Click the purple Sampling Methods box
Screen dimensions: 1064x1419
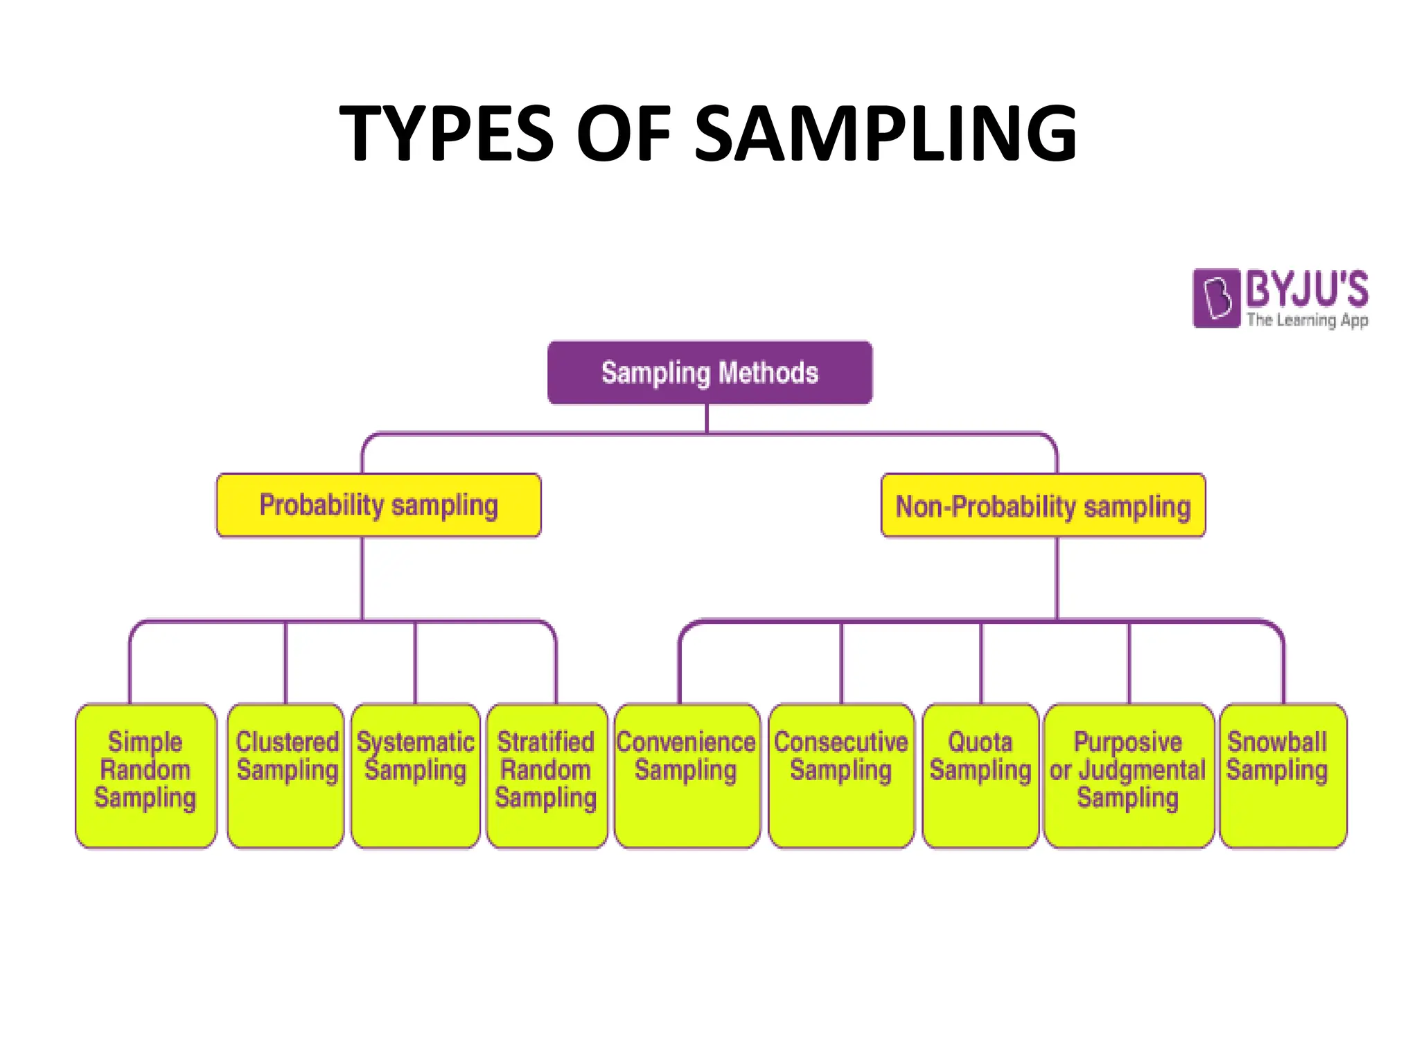tap(709, 373)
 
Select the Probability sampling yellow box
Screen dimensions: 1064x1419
tap(378, 505)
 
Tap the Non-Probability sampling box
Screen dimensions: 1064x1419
tap(1043, 506)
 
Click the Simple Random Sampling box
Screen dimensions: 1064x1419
tap(146, 775)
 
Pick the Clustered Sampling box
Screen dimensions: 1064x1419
tap(286, 775)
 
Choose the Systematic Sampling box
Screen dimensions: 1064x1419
tap(415, 775)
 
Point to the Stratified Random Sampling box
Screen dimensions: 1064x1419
tap(547, 775)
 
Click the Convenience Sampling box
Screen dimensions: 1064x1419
tap(687, 775)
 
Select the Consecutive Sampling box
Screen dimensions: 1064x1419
tap(841, 775)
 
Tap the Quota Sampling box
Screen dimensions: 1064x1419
tap(980, 775)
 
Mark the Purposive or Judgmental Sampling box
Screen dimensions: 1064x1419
tap(1128, 775)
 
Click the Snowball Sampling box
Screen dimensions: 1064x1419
tap(1283, 775)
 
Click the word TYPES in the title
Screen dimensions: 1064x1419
tap(447, 133)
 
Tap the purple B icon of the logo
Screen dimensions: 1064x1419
tap(1216, 299)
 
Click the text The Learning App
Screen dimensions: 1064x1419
tap(1307, 320)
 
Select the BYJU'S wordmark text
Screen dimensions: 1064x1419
tap(1307, 289)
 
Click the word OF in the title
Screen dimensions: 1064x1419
tap(624, 133)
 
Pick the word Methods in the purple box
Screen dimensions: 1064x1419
tap(768, 373)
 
